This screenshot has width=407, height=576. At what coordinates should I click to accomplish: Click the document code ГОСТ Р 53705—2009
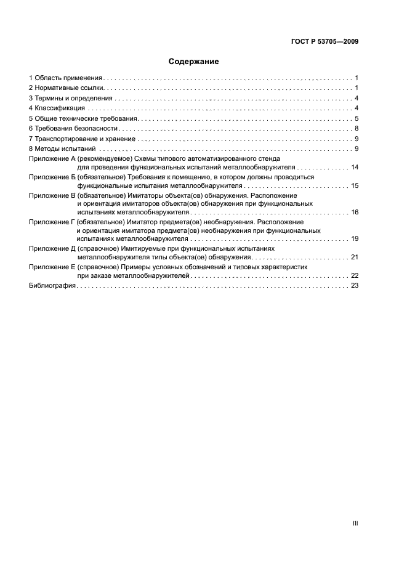pyautogui.click(x=324, y=42)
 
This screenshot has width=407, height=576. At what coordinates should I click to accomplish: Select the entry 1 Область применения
pyautogui.click(x=65, y=79)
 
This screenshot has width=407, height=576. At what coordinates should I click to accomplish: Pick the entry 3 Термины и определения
pyautogui.click(x=71, y=99)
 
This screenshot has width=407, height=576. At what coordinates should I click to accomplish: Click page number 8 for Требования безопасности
pyautogui.click(x=357, y=128)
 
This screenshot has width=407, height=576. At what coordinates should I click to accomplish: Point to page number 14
pyautogui.click(x=355, y=167)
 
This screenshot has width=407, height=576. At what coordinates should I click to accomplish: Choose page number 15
pyautogui.click(x=355, y=185)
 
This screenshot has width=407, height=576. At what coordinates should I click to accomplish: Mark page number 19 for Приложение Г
pyautogui.click(x=355, y=238)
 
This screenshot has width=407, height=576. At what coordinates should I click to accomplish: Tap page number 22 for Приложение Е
pyautogui.click(x=355, y=276)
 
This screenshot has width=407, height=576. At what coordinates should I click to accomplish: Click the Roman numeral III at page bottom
pyautogui.click(x=355, y=523)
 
